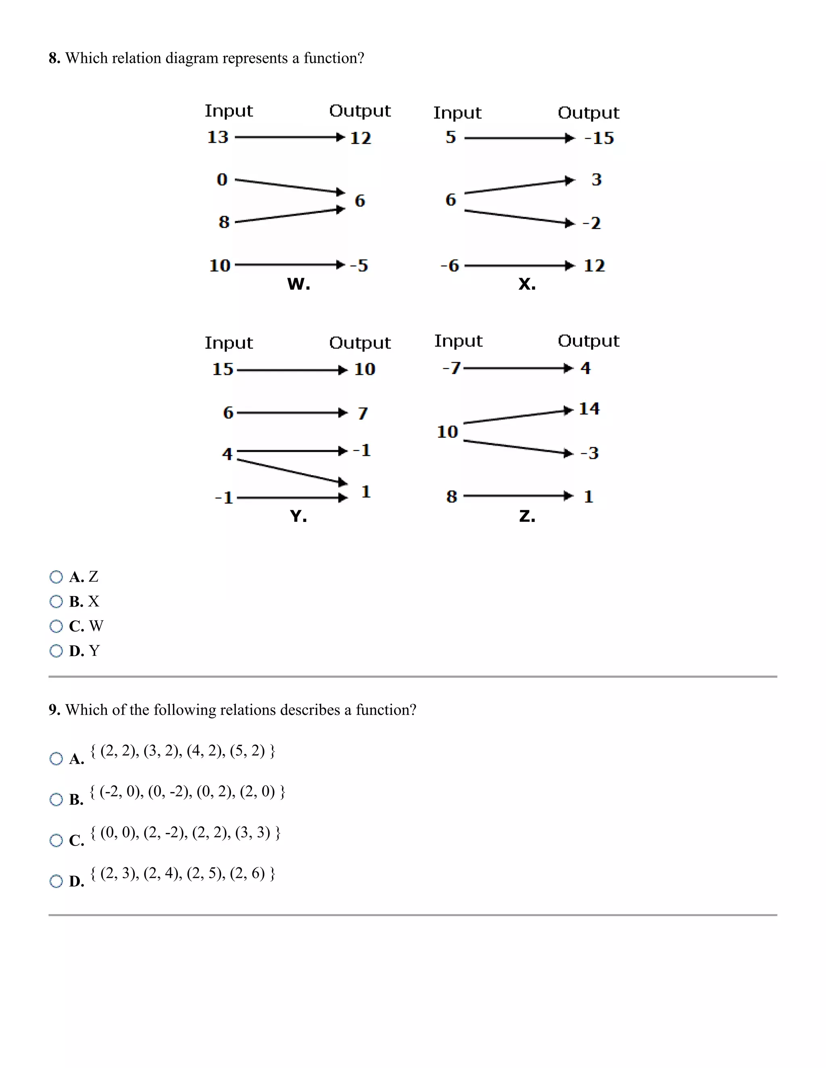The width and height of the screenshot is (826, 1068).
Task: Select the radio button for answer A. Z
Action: (56, 577)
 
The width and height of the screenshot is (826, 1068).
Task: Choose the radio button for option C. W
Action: (56, 626)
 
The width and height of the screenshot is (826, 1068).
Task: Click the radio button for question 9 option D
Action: (56, 881)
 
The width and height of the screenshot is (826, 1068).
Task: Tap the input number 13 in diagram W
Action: (218, 137)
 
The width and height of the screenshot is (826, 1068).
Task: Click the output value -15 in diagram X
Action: (599, 138)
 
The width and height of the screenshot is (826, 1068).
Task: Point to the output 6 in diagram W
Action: (360, 200)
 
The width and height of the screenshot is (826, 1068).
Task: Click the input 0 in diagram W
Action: (222, 179)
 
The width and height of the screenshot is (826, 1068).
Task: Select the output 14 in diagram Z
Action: (589, 408)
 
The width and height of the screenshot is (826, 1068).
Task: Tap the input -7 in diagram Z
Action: (451, 368)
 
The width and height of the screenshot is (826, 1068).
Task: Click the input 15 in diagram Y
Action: (223, 369)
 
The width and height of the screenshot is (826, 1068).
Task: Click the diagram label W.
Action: (298, 284)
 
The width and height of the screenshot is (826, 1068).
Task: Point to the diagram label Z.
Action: (527, 516)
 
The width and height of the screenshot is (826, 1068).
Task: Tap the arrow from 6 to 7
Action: (292, 413)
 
